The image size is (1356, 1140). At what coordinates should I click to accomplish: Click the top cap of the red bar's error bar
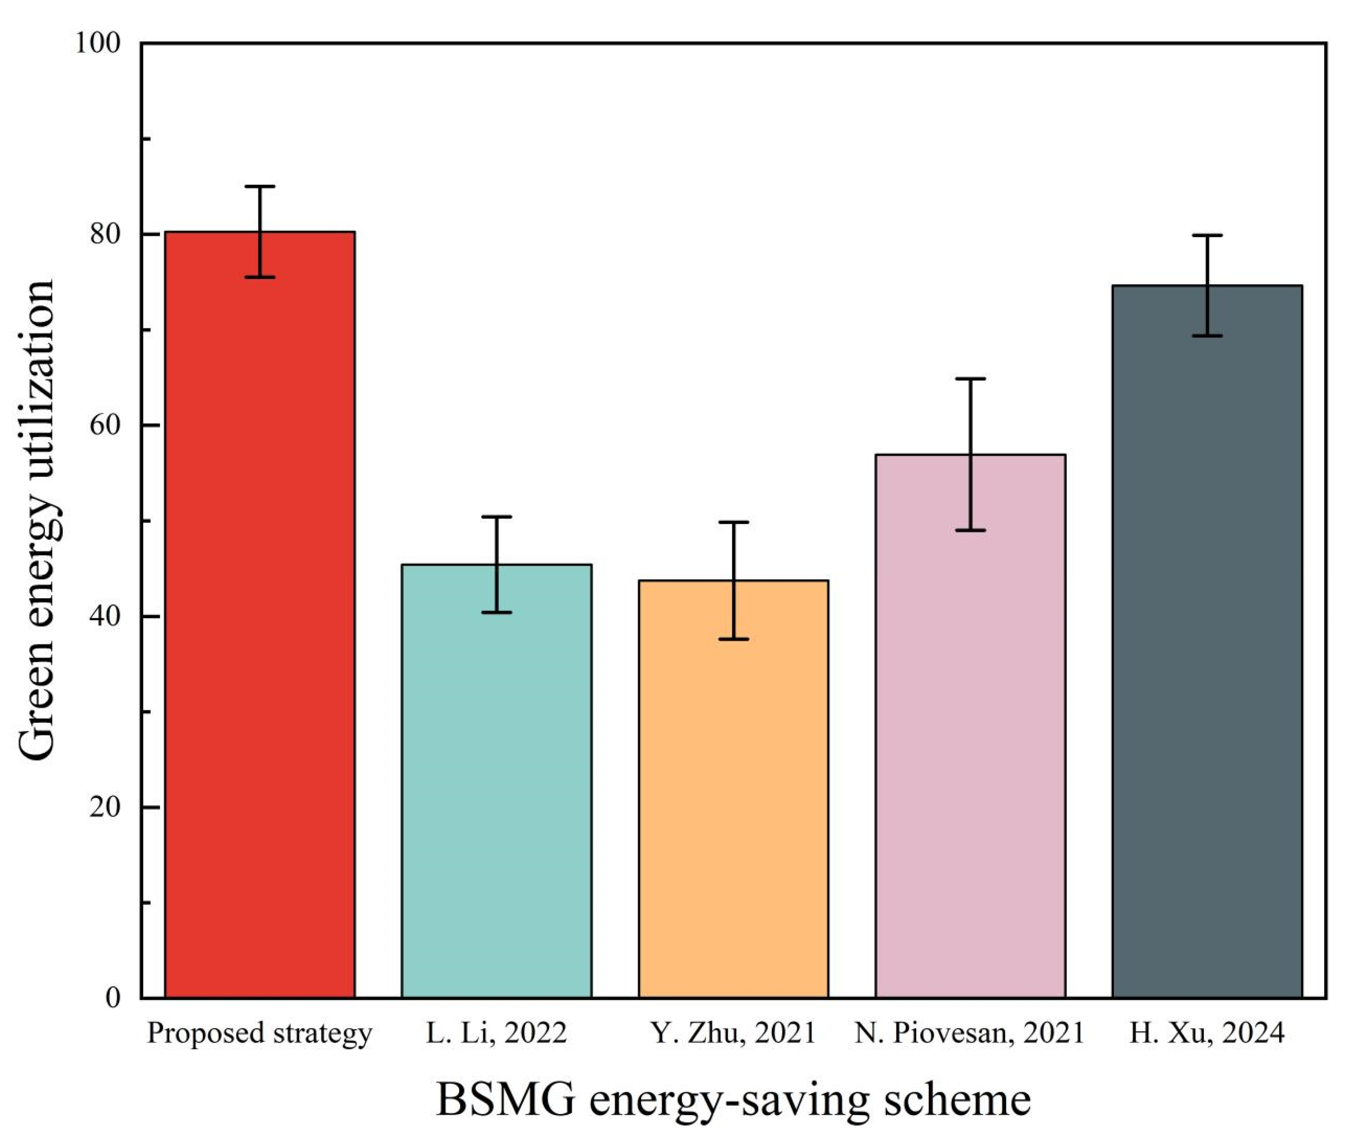(260, 187)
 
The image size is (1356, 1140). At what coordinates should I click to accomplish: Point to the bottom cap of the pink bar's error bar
(971, 530)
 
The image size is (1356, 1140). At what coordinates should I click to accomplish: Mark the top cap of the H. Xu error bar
(1207, 236)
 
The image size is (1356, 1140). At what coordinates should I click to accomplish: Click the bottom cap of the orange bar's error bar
(733, 639)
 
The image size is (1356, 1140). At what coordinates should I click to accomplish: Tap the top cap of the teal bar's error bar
(497, 517)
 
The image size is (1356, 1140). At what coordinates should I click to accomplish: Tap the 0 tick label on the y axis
(113, 998)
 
